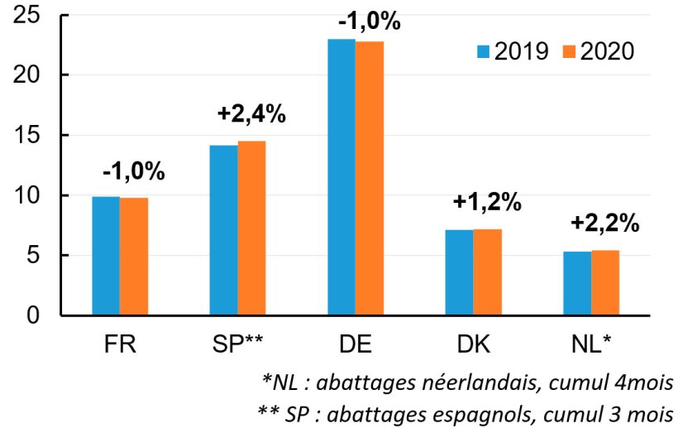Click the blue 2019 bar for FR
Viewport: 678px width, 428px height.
click(105, 256)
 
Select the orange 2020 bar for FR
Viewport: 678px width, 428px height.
click(134, 257)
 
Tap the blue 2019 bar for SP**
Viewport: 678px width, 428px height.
click(223, 230)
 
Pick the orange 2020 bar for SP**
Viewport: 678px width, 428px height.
click(251, 228)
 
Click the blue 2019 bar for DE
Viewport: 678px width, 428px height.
click(341, 177)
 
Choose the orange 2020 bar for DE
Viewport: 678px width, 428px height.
click(370, 178)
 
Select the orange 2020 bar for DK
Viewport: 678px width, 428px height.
click(487, 272)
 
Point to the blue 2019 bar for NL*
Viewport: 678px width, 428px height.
click(576, 283)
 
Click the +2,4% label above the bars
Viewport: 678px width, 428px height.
click(251, 115)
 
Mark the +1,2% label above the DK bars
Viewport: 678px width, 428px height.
click(487, 202)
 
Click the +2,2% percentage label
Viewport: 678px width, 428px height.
click(604, 223)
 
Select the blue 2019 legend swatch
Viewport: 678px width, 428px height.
click(485, 51)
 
